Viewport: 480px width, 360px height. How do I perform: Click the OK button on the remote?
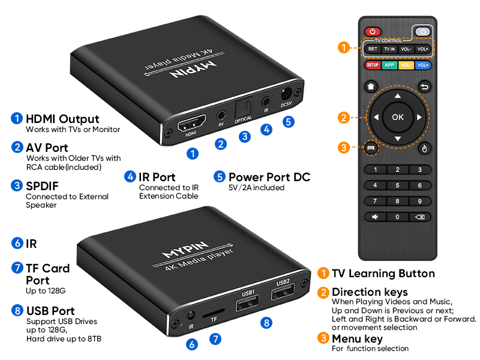pos(398,117)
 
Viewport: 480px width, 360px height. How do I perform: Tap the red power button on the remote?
pos(373,31)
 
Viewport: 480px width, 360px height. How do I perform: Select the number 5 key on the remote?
pos(397,185)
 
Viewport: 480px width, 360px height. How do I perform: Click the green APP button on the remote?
pos(389,65)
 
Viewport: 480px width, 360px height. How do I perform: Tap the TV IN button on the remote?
pos(389,49)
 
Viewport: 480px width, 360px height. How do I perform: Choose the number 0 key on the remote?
pos(397,217)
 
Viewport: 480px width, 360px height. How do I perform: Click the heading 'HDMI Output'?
pos(62,119)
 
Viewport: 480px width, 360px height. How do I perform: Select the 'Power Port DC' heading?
pos(269,177)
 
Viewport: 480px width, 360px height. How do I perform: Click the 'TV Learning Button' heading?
pos(383,274)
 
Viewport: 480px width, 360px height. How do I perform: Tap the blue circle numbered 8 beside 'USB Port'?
pos(17,311)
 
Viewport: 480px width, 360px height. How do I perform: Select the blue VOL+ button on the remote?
pos(423,65)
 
